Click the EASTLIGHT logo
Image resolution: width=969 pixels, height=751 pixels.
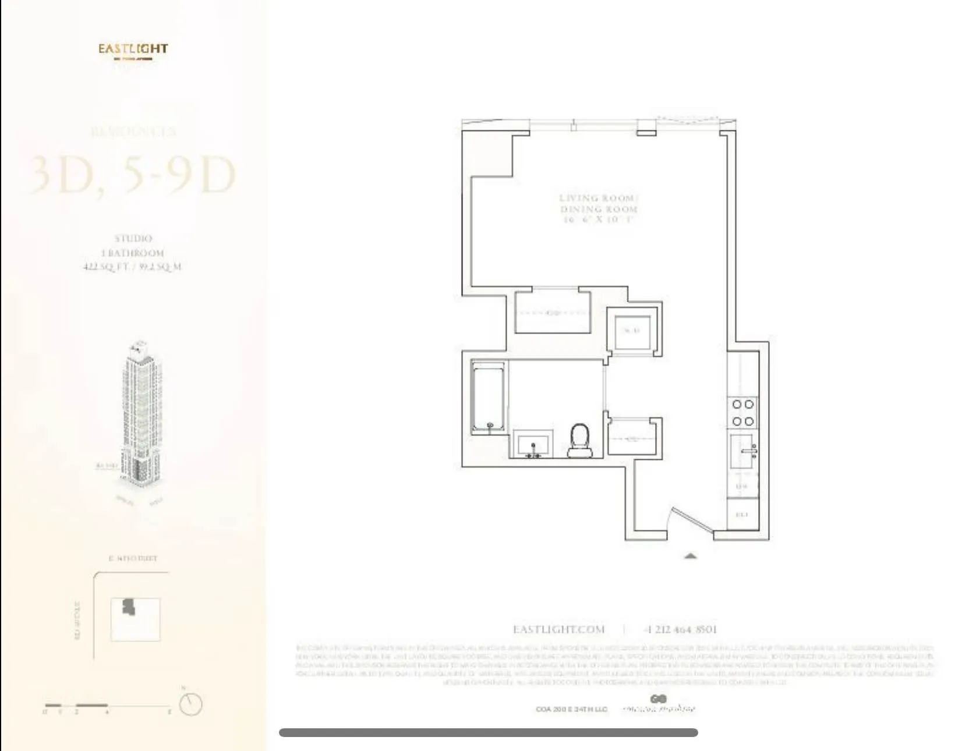[x=133, y=49]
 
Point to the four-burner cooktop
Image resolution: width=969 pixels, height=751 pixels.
[x=743, y=412]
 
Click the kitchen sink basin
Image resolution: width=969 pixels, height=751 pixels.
[x=743, y=451]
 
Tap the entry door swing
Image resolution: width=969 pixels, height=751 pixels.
[x=690, y=520]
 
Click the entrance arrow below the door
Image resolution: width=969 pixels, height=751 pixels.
[x=690, y=557]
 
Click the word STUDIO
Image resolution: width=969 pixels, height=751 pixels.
[x=133, y=238]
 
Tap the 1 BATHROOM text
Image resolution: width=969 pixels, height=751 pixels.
[x=133, y=253]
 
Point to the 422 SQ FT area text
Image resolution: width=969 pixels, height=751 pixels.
[x=133, y=267]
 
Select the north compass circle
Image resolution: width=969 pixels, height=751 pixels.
[x=190, y=704]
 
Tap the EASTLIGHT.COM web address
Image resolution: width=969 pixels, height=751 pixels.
[x=558, y=629]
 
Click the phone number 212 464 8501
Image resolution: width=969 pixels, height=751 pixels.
[x=681, y=629]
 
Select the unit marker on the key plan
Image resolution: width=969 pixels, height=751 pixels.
[x=129, y=607]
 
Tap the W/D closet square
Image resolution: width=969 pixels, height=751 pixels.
[x=632, y=331]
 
